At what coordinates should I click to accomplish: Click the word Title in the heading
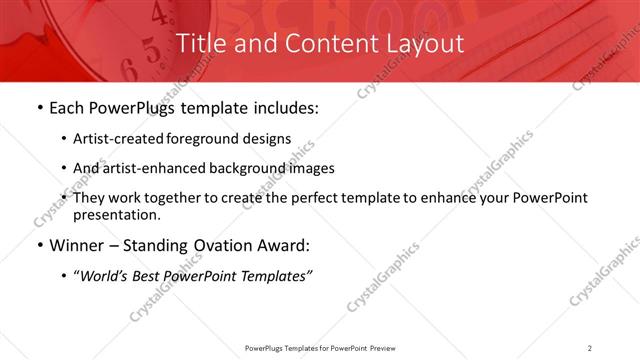pyautogui.click(x=201, y=44)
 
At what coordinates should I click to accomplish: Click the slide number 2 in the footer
pyautogui.click(x=589, y=347)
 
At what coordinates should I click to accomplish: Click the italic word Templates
pyautogui.click(x=273, y=275)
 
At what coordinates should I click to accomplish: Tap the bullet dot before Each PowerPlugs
pyautogui.click(x=39, y=108)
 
